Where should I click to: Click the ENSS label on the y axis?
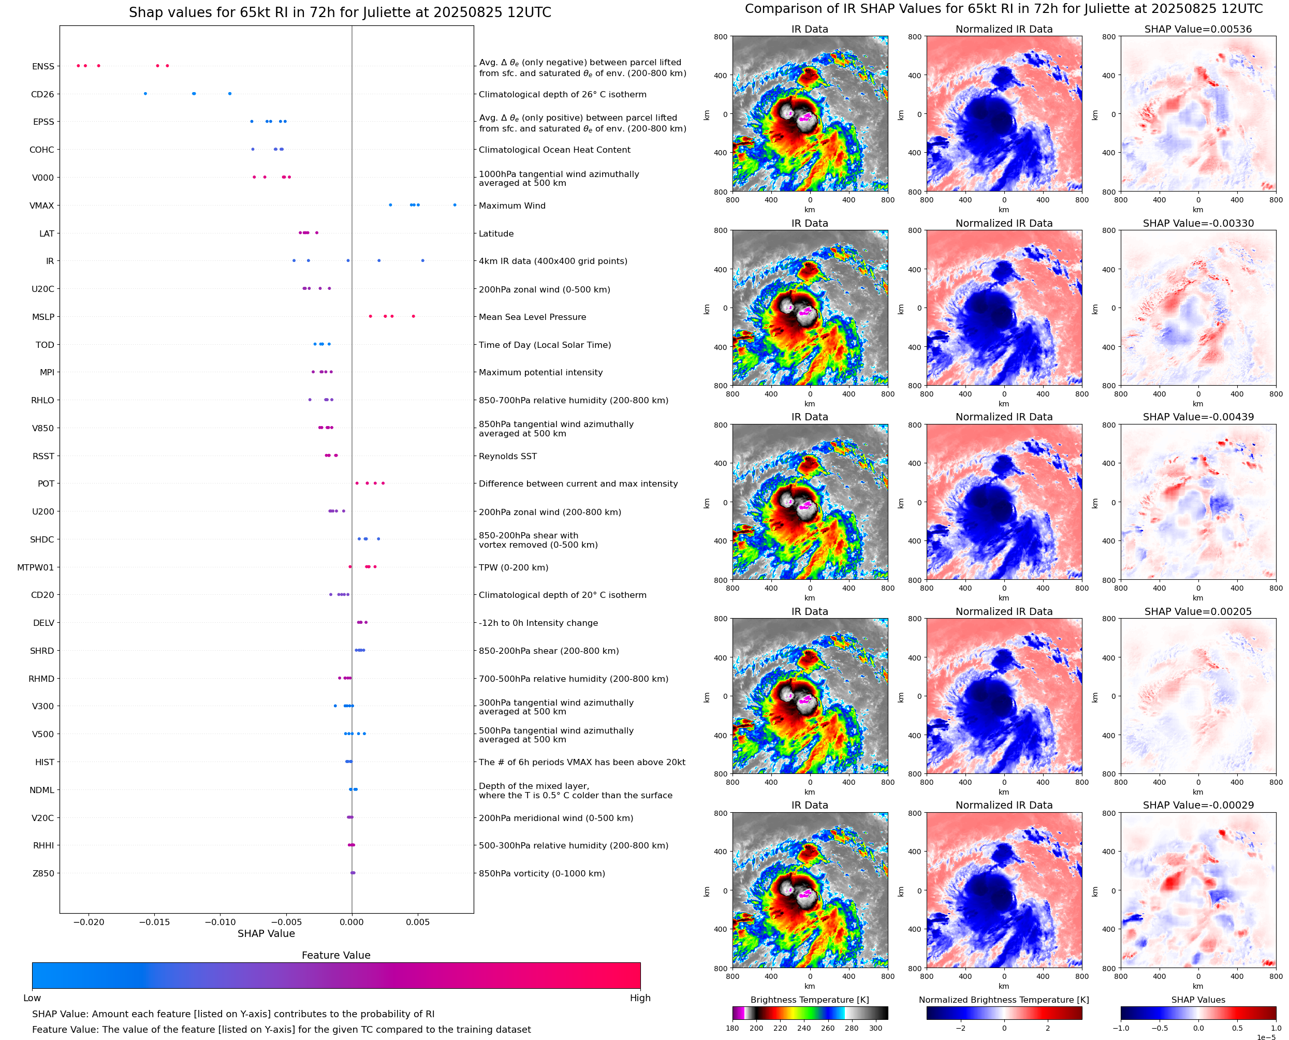43,66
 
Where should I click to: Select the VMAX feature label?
42,206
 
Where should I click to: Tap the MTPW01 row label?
35,567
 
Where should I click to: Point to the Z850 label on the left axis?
43,873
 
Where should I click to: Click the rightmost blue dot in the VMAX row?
455,205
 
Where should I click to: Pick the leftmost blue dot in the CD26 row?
145,94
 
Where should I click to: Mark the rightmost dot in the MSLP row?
413,316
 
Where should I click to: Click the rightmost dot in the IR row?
423,260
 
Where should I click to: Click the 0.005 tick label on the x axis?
417,922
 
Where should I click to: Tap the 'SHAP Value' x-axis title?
266,933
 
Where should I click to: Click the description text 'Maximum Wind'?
512,206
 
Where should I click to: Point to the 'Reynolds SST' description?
507,456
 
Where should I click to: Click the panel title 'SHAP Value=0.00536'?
1198,29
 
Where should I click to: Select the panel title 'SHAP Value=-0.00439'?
1198,417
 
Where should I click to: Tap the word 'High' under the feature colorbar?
640,998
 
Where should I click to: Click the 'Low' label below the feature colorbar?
32,998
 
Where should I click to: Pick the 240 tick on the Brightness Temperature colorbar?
804,1028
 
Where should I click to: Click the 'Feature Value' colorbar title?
336,955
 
